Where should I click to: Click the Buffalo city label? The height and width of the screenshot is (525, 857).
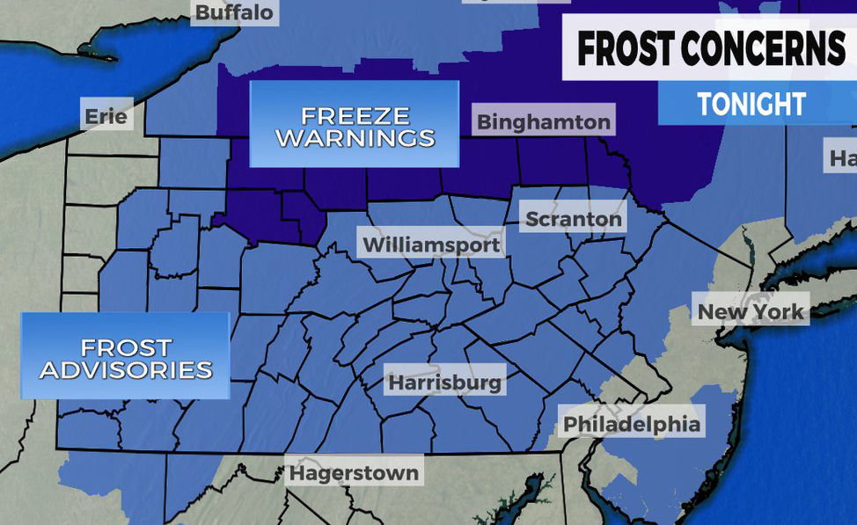(234, 12)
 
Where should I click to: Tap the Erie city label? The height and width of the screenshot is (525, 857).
(106, 115)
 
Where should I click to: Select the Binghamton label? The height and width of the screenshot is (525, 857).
(543, 121)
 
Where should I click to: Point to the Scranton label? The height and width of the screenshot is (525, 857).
(573, 219)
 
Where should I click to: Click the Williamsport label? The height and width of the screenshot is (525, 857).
(431, 244)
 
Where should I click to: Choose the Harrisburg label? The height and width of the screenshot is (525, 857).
(445, 383)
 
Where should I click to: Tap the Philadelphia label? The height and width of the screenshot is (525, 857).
(632, 424)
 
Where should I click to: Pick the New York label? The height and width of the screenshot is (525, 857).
(751, 311)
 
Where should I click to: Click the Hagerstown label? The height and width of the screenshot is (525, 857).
(354, 472)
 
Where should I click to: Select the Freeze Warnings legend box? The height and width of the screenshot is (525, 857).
(355, 125)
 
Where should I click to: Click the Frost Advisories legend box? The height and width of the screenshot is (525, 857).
(125, 357)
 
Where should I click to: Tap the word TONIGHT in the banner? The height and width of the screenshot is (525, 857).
(752, 104)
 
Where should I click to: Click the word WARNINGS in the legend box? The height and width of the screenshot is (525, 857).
(355, 138)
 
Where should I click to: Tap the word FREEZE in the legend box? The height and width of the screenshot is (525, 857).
(355, 115)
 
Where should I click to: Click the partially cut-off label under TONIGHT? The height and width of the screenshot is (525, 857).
(842, 159)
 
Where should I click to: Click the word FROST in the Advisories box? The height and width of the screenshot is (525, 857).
(126, 347)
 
